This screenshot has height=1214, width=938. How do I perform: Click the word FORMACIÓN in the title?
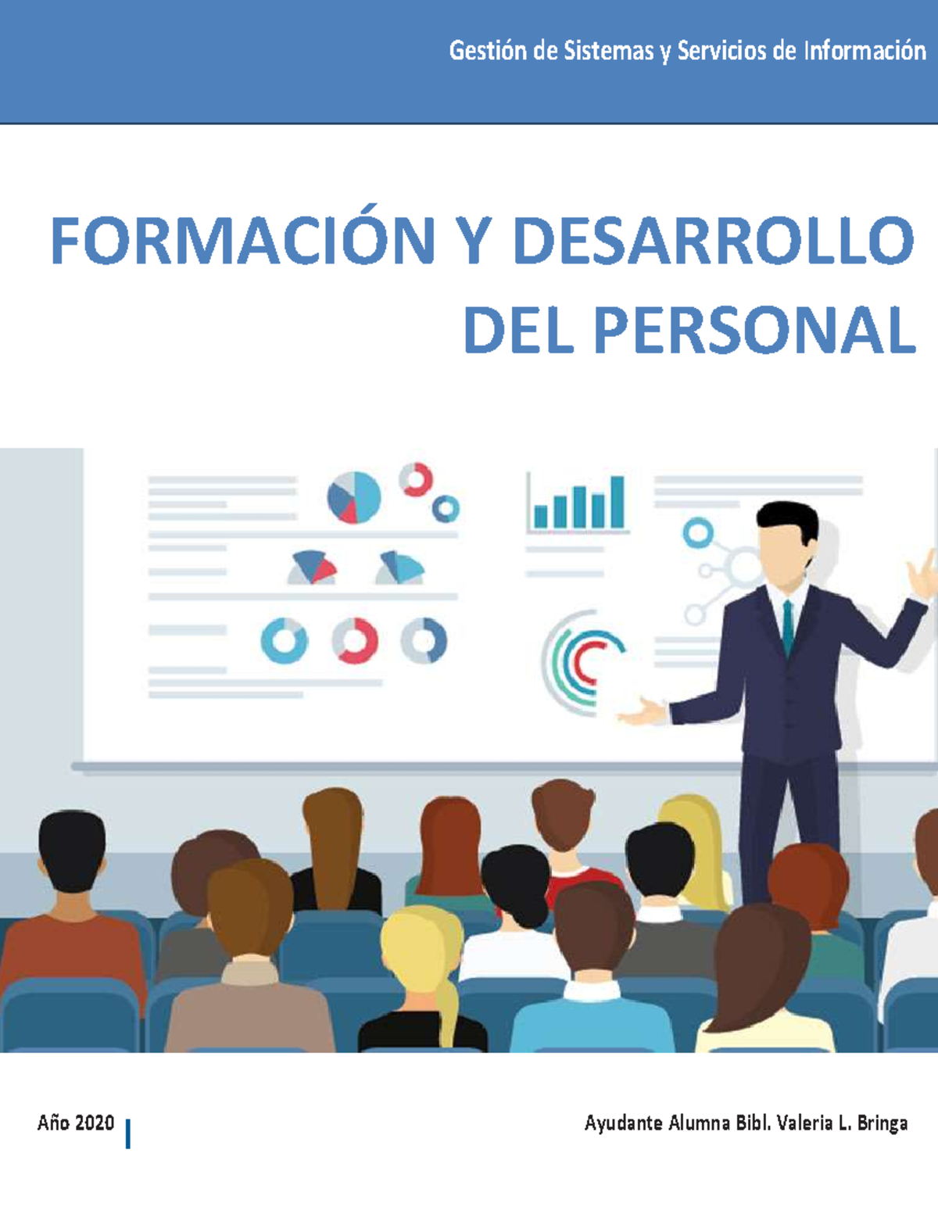click(243, 240)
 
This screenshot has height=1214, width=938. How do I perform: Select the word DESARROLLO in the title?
click(713, 240)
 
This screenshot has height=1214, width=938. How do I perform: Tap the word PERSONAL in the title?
click(754, 331)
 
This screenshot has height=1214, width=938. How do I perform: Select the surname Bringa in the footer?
click(883, 1123)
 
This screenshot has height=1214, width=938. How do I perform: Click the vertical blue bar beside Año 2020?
click(127, 1133)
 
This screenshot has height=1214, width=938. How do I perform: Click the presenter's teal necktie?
click(788, 625)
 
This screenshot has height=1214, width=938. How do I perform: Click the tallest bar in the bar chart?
click(618, 502)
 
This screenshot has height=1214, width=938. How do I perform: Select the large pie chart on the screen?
click(354, 497)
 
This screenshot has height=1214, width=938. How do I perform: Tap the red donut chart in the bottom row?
click(355, 641)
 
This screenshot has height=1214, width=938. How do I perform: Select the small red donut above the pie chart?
click(416, 479)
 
